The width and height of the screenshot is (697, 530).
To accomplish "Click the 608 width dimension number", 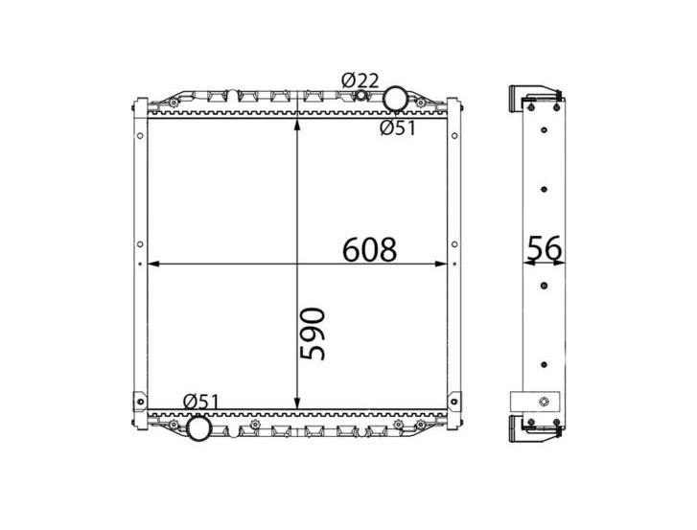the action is point(369,249).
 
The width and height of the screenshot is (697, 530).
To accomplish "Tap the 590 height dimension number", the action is point(313,334).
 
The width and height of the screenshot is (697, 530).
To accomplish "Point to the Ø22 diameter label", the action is point(360,81).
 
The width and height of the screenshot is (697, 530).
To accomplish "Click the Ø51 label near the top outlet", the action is point(398,128).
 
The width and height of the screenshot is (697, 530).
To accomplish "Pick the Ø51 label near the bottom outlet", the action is point(201,403).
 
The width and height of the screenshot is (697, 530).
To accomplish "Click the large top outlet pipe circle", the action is point(395,99).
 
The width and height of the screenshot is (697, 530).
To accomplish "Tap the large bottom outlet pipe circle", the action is point(198,427).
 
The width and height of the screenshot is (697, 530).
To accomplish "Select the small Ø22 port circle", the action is point(360,95).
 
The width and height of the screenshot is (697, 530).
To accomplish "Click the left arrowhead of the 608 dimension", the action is point(152,264).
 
